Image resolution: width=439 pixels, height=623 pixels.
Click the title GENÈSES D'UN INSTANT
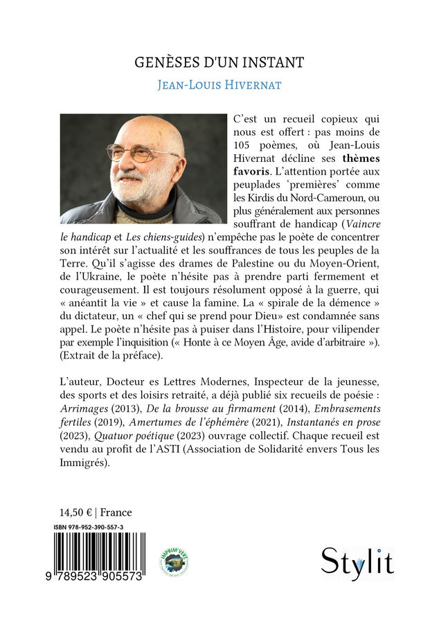(x=219, y=63)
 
